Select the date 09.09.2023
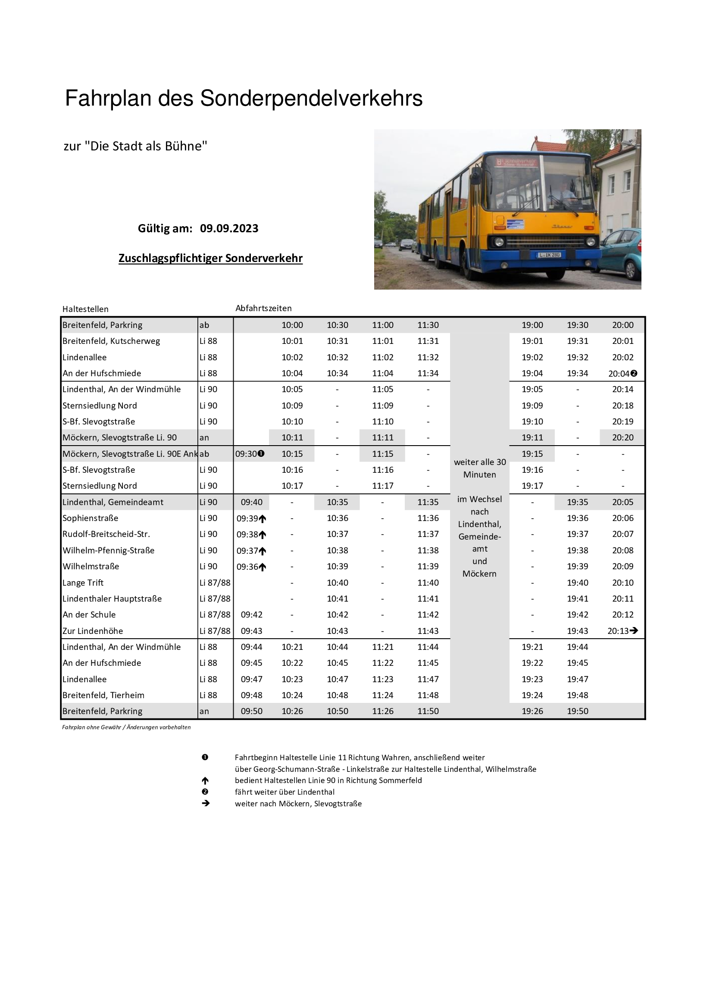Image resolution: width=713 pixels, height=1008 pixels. click(229, 228)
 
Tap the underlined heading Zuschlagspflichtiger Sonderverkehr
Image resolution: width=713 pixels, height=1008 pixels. click(210, 258)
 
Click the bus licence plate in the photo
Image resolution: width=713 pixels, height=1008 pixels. click(549, 255)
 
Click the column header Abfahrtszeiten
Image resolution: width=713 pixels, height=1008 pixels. click(263, 308)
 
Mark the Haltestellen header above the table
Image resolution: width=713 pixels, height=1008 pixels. click(85, 309)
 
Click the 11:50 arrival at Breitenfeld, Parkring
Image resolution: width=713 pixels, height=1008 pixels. click(428, 711)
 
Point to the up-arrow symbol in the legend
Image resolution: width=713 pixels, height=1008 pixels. click(205, 780)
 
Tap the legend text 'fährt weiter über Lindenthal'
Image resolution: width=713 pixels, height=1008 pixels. click(285, 792)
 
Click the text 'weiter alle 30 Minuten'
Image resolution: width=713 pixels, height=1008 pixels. click(479, 468)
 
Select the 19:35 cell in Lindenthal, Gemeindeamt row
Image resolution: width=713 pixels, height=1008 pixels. click(577, 502)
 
